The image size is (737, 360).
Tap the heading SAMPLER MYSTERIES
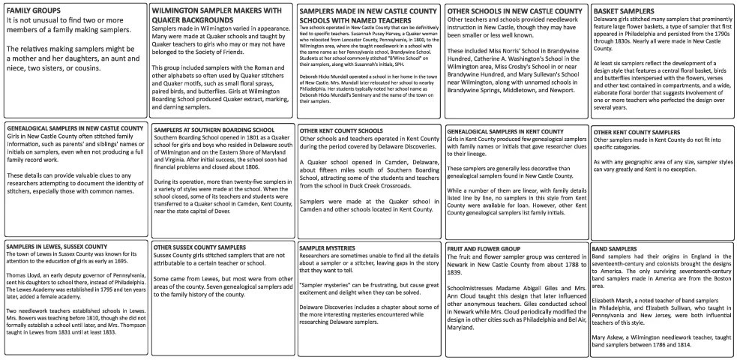pos(331,247)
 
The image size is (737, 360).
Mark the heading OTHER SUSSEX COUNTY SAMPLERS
pos(199,247)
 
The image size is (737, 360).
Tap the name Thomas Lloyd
pos(22,277)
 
